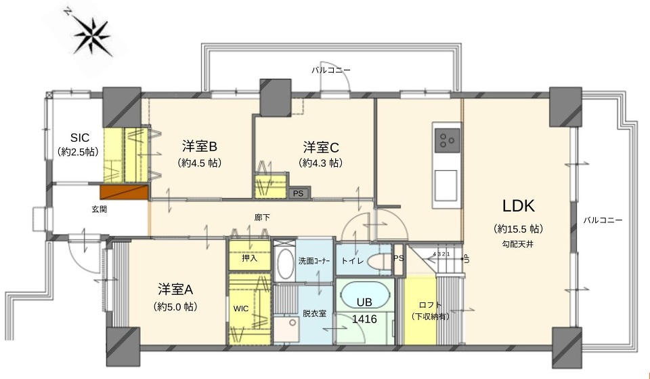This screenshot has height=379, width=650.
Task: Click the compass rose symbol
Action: [x=92, y=35]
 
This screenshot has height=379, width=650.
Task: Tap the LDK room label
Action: [x=518, y=206]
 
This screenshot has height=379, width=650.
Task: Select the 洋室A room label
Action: [x=175, y=289]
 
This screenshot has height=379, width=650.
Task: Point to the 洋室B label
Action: [x=199, y=146]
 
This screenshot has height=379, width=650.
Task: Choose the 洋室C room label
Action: [x=321, y=147]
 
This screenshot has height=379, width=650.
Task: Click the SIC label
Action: [x=80, y=138]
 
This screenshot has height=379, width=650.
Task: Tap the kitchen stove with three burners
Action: [x=447, y=140]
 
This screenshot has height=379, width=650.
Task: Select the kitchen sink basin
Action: [x=446, y=184]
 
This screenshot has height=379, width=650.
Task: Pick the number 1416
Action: [x=364, y=319]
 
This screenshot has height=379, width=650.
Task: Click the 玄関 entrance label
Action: [x=99, y=210]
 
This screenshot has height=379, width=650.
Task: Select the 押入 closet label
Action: [x=250, y=258]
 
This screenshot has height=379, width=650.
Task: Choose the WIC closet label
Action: [x=241, y=308]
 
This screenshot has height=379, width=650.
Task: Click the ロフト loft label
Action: [x=431, y=305]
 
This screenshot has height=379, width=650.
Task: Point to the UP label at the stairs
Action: [x=467, y=258]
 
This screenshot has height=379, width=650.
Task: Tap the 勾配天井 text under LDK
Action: [x=518, y=244]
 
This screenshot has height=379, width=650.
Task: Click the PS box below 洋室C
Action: [x=298, y=193]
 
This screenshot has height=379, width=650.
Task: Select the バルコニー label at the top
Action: [x=331, y=70]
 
